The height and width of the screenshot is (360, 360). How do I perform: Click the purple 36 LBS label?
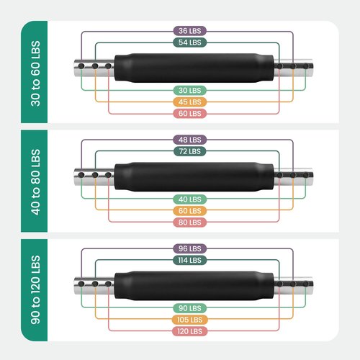tap(190, 31)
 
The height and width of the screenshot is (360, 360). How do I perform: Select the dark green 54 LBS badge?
tap(190, 42)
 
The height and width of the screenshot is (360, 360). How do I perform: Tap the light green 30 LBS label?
tap(190, 91)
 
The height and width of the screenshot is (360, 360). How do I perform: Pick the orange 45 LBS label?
tap(190, 102)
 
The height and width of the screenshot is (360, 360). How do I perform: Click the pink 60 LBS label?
tap(190, 114)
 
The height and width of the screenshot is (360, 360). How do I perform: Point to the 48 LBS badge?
tap(190, 140)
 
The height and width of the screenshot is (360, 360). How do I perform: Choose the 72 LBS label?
tap(190, 151)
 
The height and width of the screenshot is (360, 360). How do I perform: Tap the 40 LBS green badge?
tap(190, 199)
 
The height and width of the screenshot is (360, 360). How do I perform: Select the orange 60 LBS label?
tap(190, 211)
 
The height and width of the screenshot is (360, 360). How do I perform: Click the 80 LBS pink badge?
tap(190, 222)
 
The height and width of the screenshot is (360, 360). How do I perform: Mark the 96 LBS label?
tap(190, 248)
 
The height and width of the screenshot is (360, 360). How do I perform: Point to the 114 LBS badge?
tap(190, 260)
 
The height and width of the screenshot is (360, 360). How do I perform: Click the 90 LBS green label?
tap(190, 308)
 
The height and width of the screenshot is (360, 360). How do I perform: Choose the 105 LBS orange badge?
tap(190, 320)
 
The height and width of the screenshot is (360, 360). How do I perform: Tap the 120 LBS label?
tap(190, 331)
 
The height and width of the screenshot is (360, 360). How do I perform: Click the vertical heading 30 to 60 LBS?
tap(35, 73)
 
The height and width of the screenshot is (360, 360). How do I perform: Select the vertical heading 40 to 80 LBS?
tap(35, 182)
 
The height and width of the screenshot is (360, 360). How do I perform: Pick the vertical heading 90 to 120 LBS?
tap(35, 289)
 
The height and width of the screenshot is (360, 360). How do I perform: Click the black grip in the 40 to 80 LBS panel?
tap(194, 177)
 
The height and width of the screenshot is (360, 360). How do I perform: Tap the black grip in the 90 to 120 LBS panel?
tap(194, 286)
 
